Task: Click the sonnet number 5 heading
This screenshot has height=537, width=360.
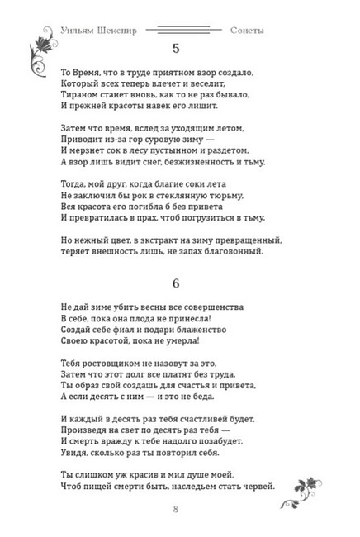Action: point(175,47)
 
